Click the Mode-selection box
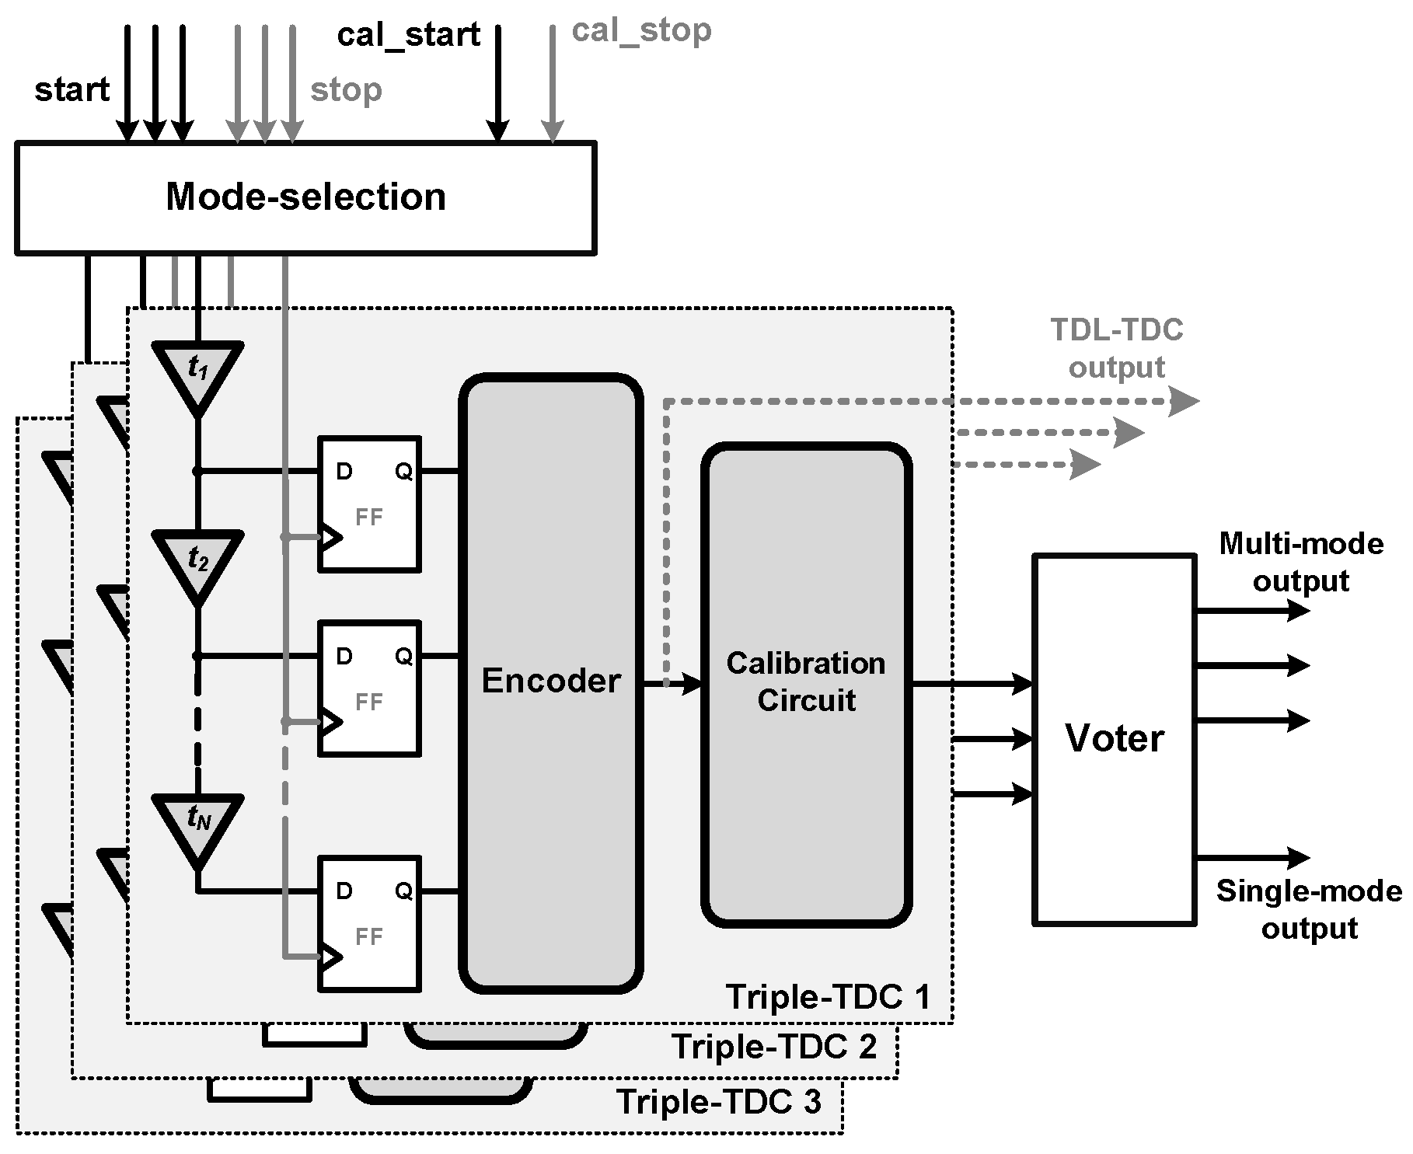(x=305, y=197)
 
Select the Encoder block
(x=551, y=682)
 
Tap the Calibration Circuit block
(x=806, y=683)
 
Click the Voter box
(x=1114, y=738)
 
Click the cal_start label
(x=408, y=36)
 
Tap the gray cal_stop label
(x=641, y=31)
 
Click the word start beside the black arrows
(x=72, y=90)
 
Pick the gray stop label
(x=346, y=90)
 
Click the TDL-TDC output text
(x=1116, y=348)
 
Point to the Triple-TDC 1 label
(x=827, y=997)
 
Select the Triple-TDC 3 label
(x=718, y=1102)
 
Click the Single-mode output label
(x=1309, y=909)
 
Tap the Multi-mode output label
(x=1301, y=562)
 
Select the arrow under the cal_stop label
(x=552, y=85)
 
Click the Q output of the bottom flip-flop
(x=403, y=891)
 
